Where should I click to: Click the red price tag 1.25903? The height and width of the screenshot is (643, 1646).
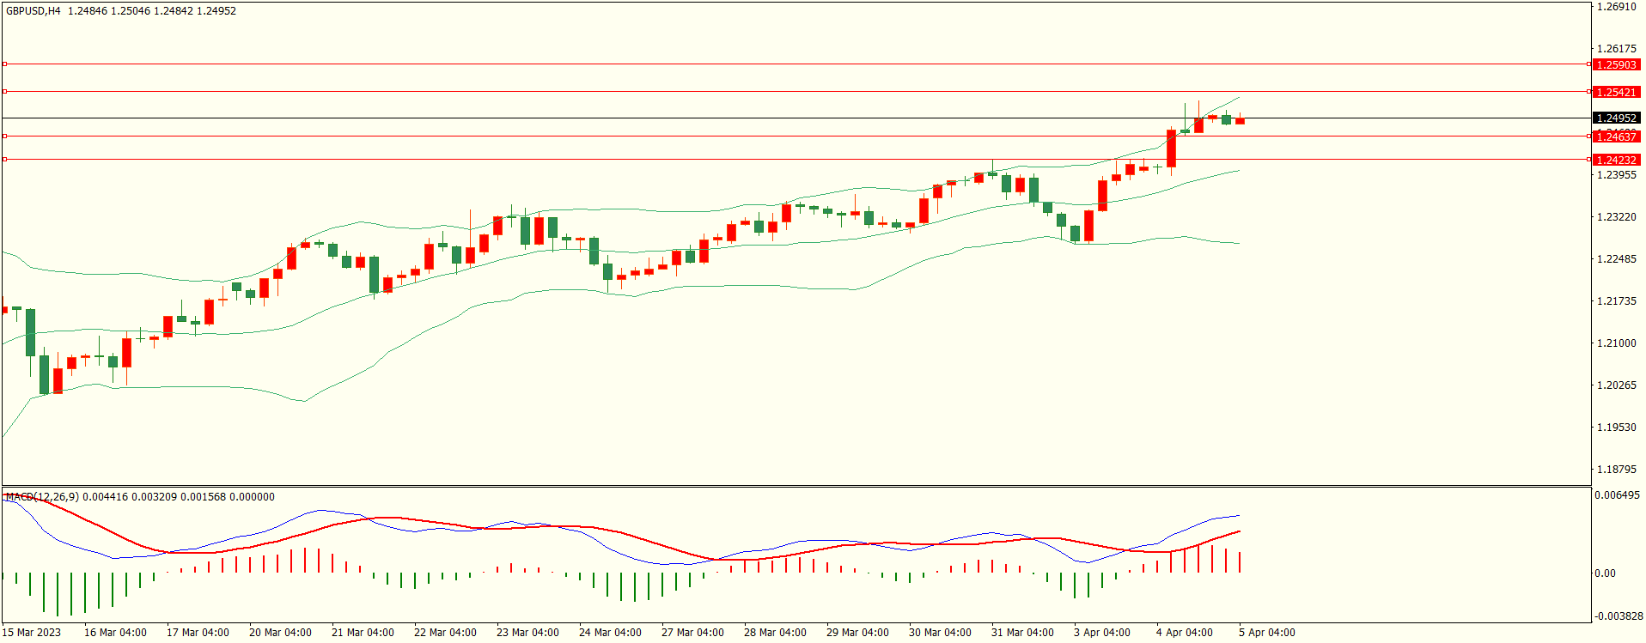(1616, 64)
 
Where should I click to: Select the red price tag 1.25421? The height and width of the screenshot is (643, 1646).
(1616, 92)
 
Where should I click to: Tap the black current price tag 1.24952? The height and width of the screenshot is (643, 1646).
(1616, 118)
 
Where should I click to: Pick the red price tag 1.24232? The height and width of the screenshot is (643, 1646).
(1616, 160)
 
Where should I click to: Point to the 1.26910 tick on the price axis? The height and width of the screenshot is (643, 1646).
(1616, 7)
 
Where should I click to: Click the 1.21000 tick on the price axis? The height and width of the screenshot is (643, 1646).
(1616, 343)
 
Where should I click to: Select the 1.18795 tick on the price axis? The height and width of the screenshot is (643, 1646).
(1616, 470)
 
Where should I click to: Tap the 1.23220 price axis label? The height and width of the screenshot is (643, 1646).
(1616, 217)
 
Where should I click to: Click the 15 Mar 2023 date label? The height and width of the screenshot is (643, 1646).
(32, 633)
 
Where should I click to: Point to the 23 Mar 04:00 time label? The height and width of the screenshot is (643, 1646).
(527, 633)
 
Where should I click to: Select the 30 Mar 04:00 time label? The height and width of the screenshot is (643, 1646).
(940, 633)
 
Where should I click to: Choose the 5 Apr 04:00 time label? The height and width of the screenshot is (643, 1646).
(1266, 633)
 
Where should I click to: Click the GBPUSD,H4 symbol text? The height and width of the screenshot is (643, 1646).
(34, 11)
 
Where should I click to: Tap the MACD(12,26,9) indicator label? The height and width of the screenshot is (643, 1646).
(42, 497)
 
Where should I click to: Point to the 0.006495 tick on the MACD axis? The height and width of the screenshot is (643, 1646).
(1617, 495)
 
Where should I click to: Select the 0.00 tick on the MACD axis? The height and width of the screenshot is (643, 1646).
(1605, 573)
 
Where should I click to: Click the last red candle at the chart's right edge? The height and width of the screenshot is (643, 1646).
(1240, 121)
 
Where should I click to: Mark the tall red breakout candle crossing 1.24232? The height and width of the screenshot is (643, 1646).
(1171, 149)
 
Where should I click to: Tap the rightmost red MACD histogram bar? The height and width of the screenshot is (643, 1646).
(1240, 562)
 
